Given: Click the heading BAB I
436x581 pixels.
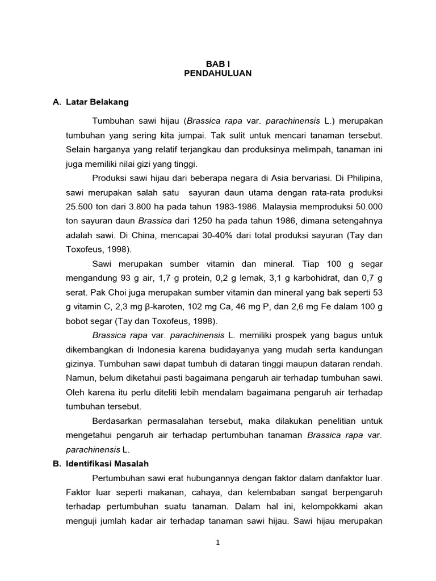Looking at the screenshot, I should (217, 64).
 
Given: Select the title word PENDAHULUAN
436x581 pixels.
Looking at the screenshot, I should (217, 73).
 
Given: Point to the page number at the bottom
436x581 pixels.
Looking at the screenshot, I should (217, 542).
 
